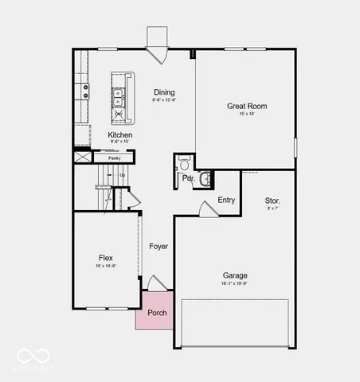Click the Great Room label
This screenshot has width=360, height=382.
click(x=246, y=106)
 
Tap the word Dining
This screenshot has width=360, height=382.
click(x=164, y=92)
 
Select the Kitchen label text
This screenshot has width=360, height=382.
click(x=120, y=135)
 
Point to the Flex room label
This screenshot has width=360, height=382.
click(x=105, y=257)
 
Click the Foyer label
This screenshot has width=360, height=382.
click(x=158, y=247)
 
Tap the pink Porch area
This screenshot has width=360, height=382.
click(x=157, y=311)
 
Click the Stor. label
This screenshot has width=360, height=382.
click(x=272, y=201)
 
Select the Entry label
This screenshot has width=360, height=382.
click(x=226, y=200)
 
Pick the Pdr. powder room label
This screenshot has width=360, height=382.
click(x=188, y=179)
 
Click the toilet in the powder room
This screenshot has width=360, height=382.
click(x=184, y=165)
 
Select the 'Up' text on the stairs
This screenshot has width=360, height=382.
click(x=122, y=175)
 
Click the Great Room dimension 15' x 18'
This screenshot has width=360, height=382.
click(x=246, y=115)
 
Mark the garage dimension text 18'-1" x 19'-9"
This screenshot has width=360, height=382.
click(x=234, y=283)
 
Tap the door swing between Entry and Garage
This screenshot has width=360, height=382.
click(x=206, y=209)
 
